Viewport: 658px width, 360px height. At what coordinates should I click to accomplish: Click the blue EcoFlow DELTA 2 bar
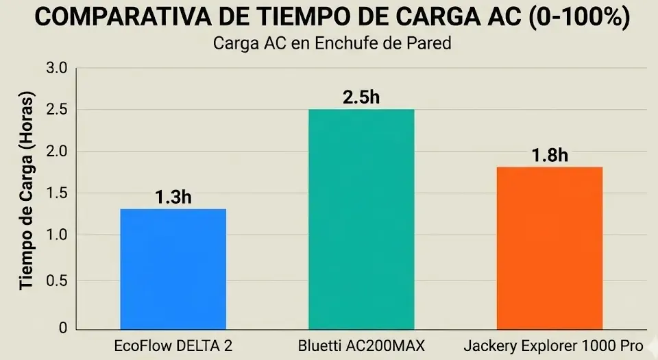pos(173,268)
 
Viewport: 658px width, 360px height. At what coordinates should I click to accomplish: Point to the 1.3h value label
pos(173,197)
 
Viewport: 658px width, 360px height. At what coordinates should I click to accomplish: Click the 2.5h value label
pos(361,97)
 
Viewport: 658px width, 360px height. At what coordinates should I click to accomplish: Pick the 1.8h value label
pos(549,155)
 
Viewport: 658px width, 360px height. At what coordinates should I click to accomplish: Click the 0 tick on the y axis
pos(63,327)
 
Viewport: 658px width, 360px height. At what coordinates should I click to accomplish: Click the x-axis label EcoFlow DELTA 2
pos(173,346)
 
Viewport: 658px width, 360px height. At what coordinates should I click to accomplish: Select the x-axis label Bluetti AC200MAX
pos(361,346)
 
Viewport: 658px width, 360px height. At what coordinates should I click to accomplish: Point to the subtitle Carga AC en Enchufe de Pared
pos(332,44)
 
